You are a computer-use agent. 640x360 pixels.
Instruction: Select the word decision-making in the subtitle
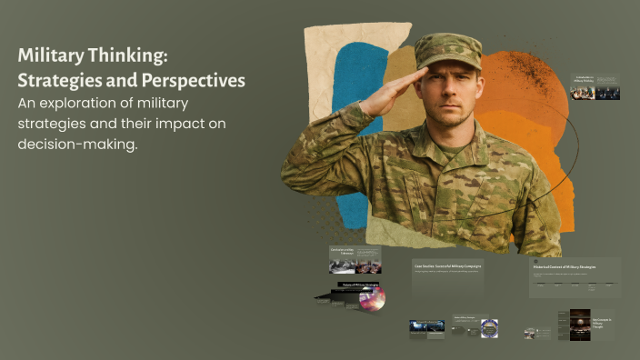tap(77, 145)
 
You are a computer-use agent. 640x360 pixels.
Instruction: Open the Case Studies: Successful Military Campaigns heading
tap(448, 265)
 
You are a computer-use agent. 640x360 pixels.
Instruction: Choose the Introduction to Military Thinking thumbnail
tap(595, 87)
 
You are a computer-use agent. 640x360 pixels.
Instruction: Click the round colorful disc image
tap(372, 298)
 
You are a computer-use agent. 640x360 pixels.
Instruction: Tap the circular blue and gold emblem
tap(489, 327)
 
